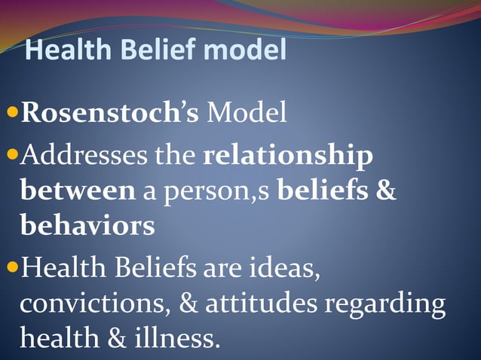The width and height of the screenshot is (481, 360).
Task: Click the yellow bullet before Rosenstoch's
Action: point(11,114)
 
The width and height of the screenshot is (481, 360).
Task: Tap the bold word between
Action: point(78,191)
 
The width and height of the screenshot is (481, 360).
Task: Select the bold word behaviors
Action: point(87,225)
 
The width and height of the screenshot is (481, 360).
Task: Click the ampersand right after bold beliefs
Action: point(385,191)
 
